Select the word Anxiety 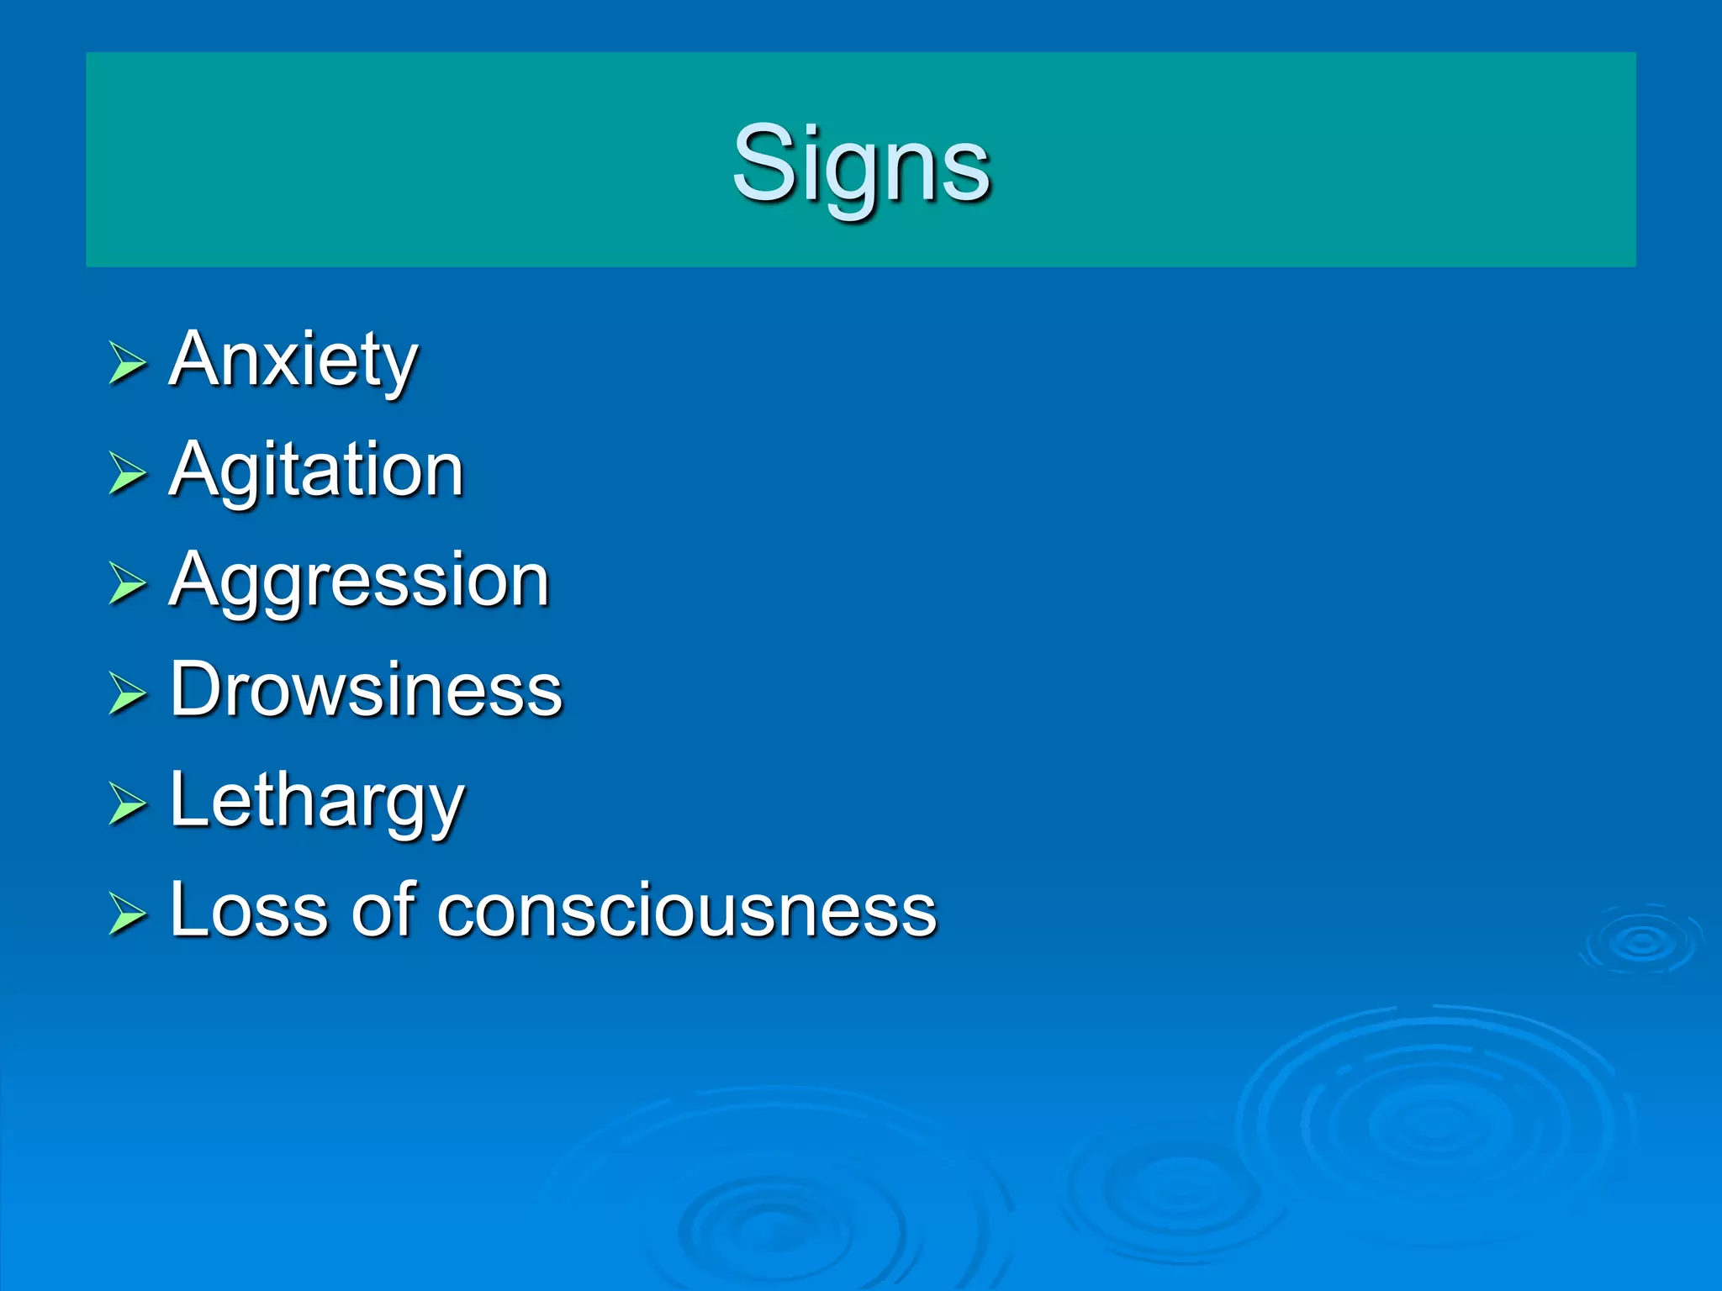[293, 360]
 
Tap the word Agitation [316, 470]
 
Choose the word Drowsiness [366, 690]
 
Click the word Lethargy [316, 800]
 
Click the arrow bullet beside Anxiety [127, 364]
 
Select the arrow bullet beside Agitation [127, 474]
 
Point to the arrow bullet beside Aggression [127, 584]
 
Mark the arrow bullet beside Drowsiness [127, 694]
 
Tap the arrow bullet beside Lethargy [127, 804]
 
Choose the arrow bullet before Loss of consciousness [127, 914]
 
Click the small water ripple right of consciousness [1641, 941]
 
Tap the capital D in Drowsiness [196, 689]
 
